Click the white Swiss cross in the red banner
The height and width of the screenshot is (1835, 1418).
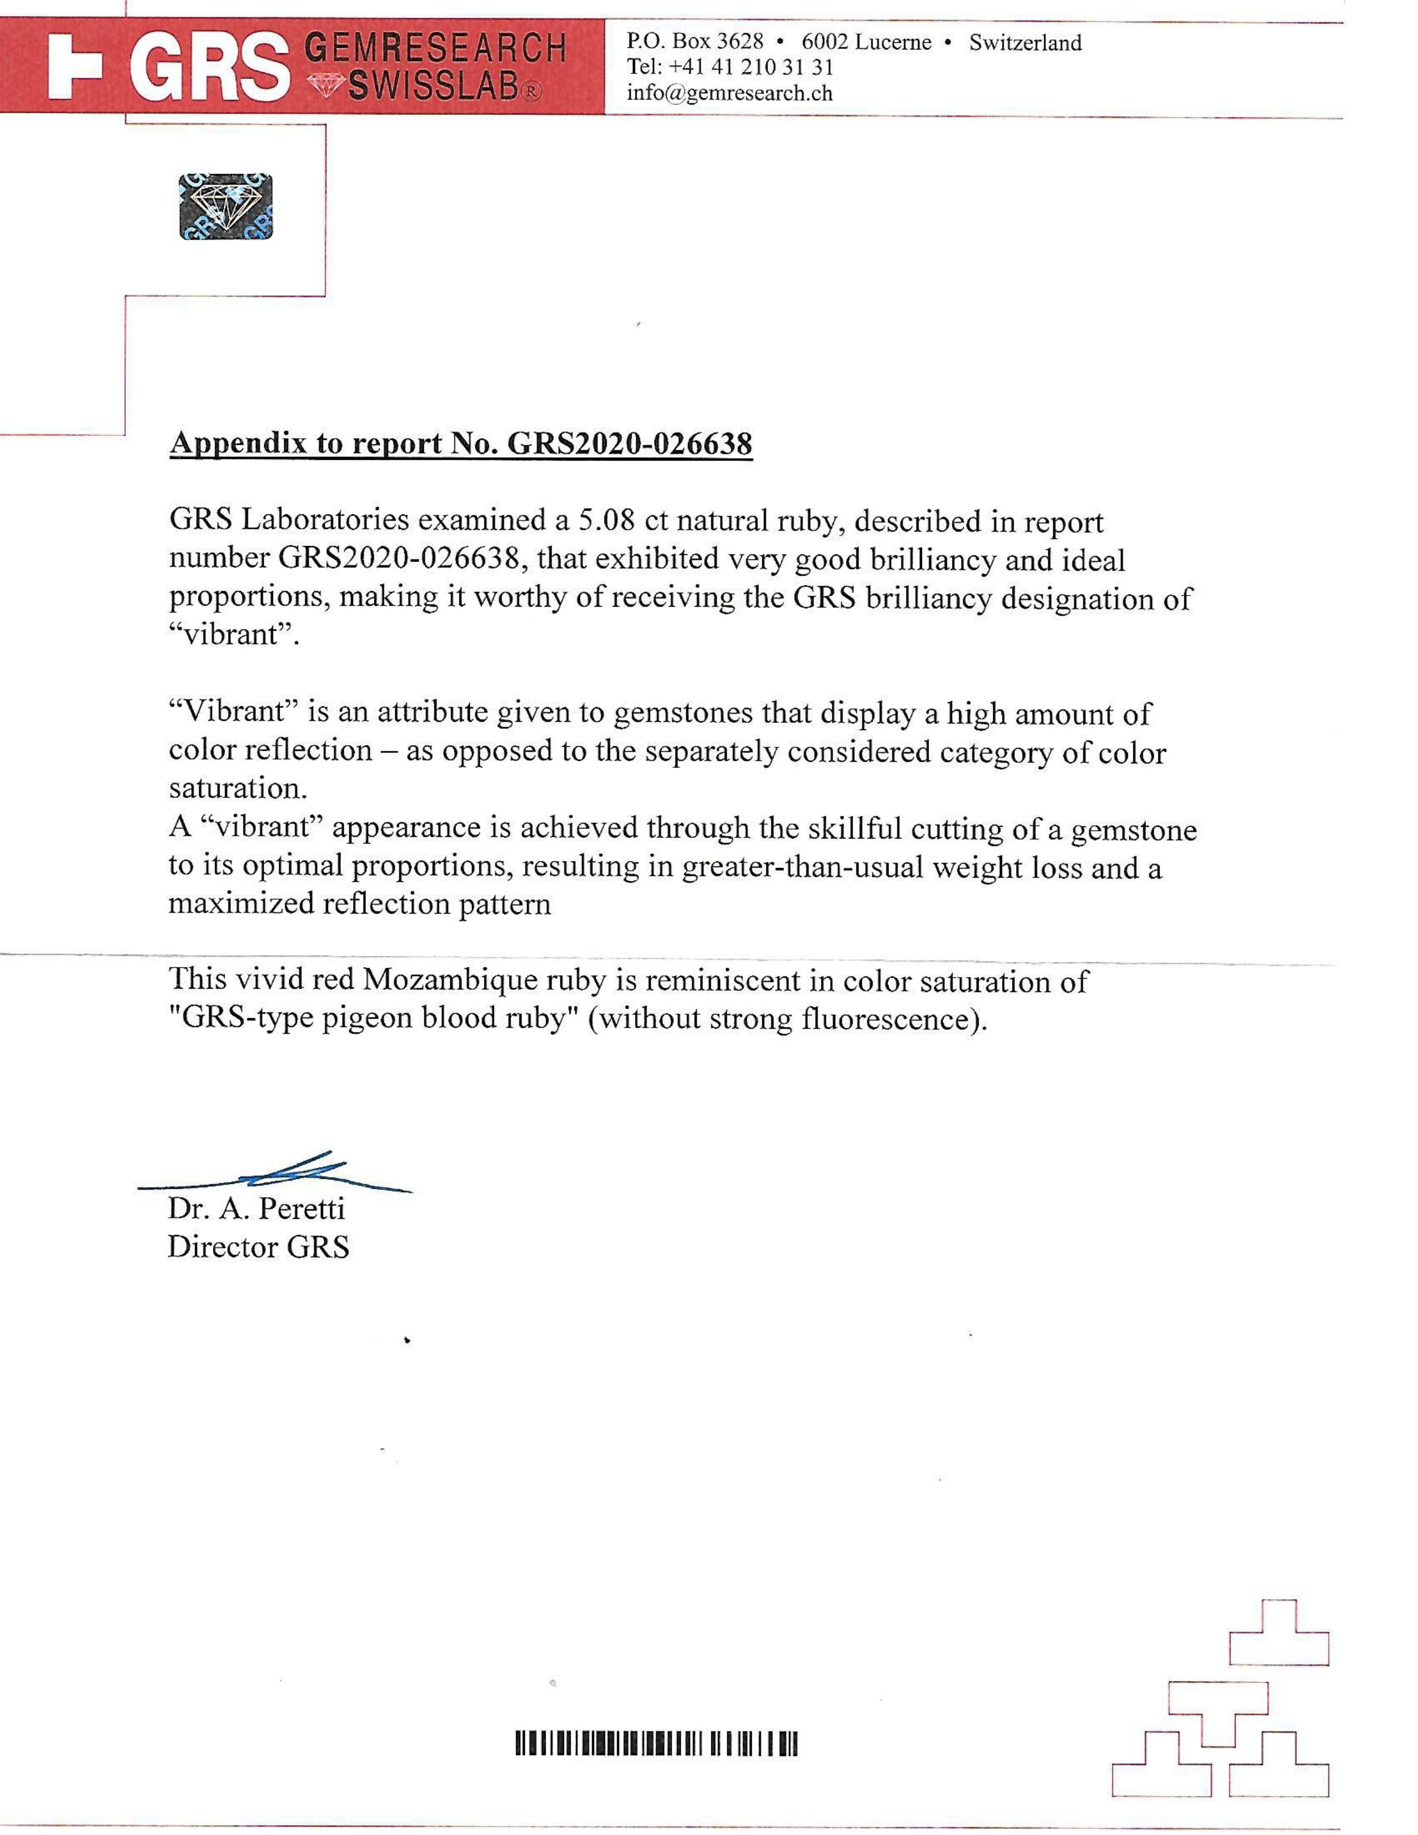(75, 66)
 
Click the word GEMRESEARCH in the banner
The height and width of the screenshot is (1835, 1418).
(434, 48)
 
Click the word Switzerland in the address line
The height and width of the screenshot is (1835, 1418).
(1025, 43)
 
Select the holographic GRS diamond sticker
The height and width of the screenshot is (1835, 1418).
(226, 207)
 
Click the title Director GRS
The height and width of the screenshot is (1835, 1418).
(258, 1246)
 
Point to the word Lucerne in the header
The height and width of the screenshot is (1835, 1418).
(892, 43)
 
